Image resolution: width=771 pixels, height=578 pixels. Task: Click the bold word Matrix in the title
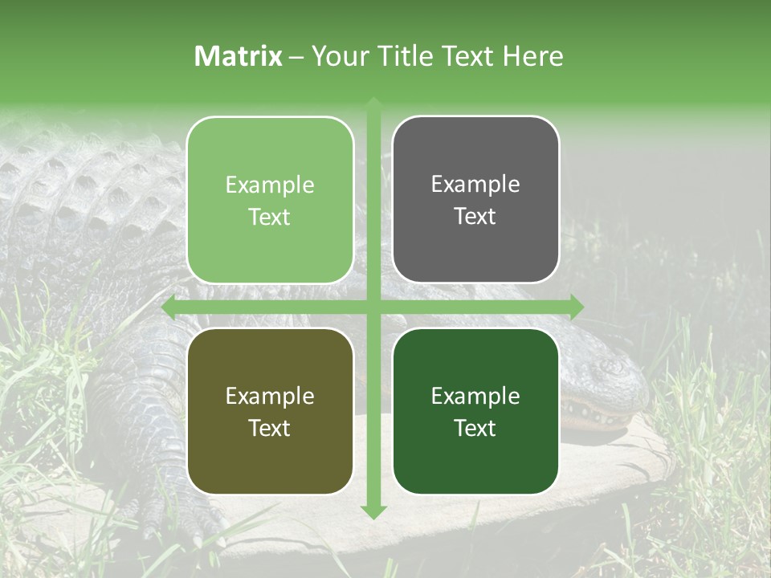(239, 56)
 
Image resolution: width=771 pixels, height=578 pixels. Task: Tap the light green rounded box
(270, 200)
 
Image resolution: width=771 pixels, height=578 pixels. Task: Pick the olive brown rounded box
(270, 411)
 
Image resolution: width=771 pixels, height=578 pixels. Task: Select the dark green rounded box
(475, 411)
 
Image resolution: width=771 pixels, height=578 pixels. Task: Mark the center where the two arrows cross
(373, 307)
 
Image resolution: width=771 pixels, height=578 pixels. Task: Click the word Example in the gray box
(475, 185)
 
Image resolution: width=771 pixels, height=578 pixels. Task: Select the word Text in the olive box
(270, 428)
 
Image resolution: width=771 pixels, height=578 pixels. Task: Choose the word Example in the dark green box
(475, 396)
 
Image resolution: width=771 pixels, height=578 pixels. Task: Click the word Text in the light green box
(270, 217)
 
